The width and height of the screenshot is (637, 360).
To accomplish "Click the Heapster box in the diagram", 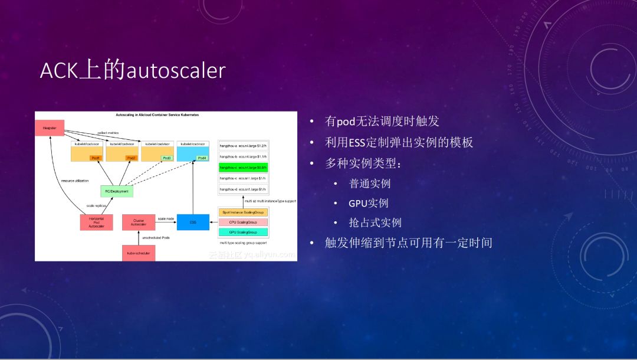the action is click(49, 127).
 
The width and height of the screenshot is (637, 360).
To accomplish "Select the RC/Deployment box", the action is click(117, 191).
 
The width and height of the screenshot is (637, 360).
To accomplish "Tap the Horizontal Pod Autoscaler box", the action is click(96, 222).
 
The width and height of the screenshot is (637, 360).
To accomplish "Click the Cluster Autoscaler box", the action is click(139, 222).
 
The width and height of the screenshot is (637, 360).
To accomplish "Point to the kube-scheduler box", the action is click(139, 253).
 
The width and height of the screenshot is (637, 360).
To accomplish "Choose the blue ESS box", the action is click(193, 222).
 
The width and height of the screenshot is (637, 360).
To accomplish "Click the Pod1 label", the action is click(96, 158).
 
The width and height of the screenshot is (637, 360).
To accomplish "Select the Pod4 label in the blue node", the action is click(202, 158).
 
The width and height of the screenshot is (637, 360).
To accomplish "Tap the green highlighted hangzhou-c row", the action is click(243, 168).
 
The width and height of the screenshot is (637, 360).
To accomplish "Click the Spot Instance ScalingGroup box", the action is click(243, 212).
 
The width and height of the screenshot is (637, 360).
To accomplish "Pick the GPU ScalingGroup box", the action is click(243, 233).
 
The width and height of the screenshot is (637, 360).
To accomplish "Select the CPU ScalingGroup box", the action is click(243, 222).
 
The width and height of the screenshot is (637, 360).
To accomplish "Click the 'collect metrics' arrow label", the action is click(108, 133).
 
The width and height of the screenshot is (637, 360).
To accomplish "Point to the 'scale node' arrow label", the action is click(165, 219).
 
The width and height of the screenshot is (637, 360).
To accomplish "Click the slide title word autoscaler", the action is click(176, 71).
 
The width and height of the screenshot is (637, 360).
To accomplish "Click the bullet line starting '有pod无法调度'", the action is click(382, 122).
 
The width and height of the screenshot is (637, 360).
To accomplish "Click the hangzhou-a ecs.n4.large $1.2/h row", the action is click(243, 145).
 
